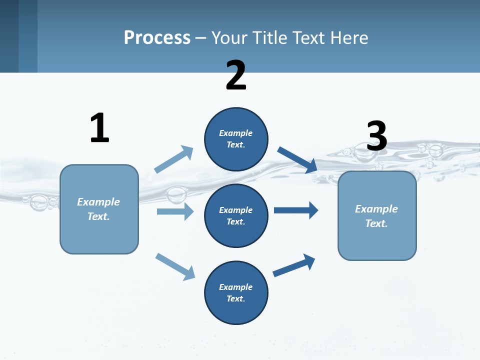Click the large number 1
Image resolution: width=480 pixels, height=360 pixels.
point(99,128)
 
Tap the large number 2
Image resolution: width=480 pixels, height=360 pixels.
point(236,75)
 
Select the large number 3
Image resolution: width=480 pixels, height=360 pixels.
point(376,136)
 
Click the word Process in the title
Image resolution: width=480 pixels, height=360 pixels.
point(157,37)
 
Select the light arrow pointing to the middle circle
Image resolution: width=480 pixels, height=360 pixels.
point(175,211)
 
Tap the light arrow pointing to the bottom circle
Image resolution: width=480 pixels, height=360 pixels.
point(175,266)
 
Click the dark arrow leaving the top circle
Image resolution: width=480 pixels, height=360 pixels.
point(297,159)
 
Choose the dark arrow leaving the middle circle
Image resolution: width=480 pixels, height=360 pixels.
point(296,210)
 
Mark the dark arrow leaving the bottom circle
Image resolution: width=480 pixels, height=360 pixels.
point(294,265)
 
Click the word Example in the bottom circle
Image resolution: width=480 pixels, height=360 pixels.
point(236,287)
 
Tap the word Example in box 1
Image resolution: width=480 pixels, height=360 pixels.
point(98,202)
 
